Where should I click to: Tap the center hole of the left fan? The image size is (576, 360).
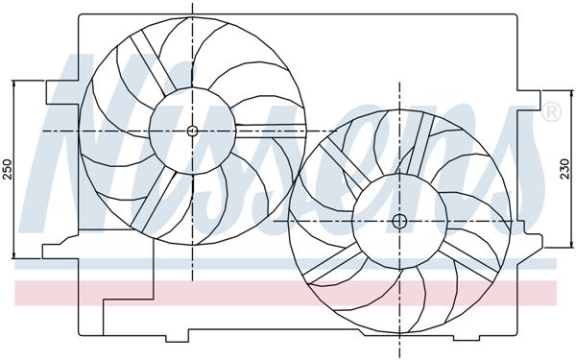coord(192,131)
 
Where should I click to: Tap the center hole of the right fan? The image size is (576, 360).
coord(399,221)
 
